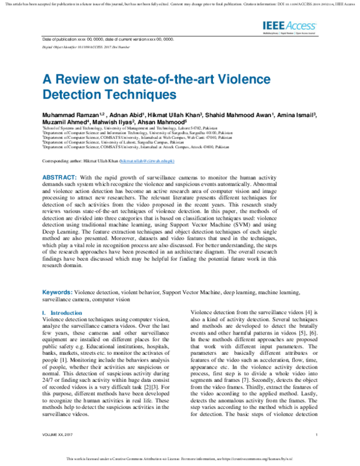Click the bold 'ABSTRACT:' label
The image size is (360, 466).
tap(59, 178)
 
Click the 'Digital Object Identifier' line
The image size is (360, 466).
tap(80, 46)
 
